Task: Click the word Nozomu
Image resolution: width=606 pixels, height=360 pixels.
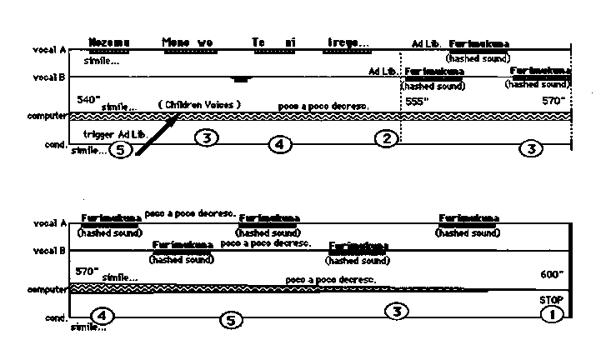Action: [111, 42]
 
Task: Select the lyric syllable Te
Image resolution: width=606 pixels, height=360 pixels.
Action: [258, 42]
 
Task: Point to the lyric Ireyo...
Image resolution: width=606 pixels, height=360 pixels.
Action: [348, 42]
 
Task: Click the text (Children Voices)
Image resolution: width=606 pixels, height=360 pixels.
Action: [199, 104]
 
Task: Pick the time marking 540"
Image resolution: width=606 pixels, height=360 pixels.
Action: [87, 99]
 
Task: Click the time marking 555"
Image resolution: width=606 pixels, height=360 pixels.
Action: [415, 101]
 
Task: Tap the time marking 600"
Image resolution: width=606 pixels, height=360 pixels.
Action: [552, 274]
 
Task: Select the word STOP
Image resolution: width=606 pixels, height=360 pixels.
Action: [551, 300]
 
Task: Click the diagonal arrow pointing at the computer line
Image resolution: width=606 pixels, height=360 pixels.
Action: [156, 136]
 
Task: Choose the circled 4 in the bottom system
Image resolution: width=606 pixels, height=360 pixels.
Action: [101, 316]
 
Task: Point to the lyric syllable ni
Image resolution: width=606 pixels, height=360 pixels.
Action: [290, 42]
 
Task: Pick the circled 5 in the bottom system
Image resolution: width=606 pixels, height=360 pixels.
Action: [233, 319]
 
